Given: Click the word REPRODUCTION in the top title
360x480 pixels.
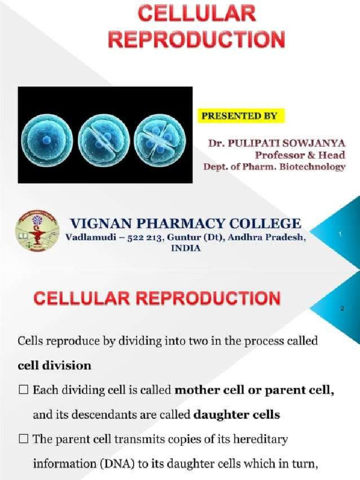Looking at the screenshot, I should (x=197, y=39).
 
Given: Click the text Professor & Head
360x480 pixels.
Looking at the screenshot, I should (x=300, y=155).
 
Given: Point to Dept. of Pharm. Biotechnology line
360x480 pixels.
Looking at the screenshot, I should (x=274, y=166).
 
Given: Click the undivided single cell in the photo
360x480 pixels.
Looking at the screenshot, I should (x=46, y=140).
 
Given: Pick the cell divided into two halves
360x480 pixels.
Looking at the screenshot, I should (x=104, y=140).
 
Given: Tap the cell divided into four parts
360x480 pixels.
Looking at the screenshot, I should (x=159, y=140).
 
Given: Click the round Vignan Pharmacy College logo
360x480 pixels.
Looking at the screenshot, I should (x=37, y=231).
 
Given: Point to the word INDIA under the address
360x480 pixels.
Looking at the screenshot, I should (x=186, y=248).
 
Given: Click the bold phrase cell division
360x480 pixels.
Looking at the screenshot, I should (x=54, y=366).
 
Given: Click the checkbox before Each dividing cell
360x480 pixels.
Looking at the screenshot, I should (x=23, y=390).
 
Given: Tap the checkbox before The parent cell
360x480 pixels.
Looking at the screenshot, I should (x=23, y=440).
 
